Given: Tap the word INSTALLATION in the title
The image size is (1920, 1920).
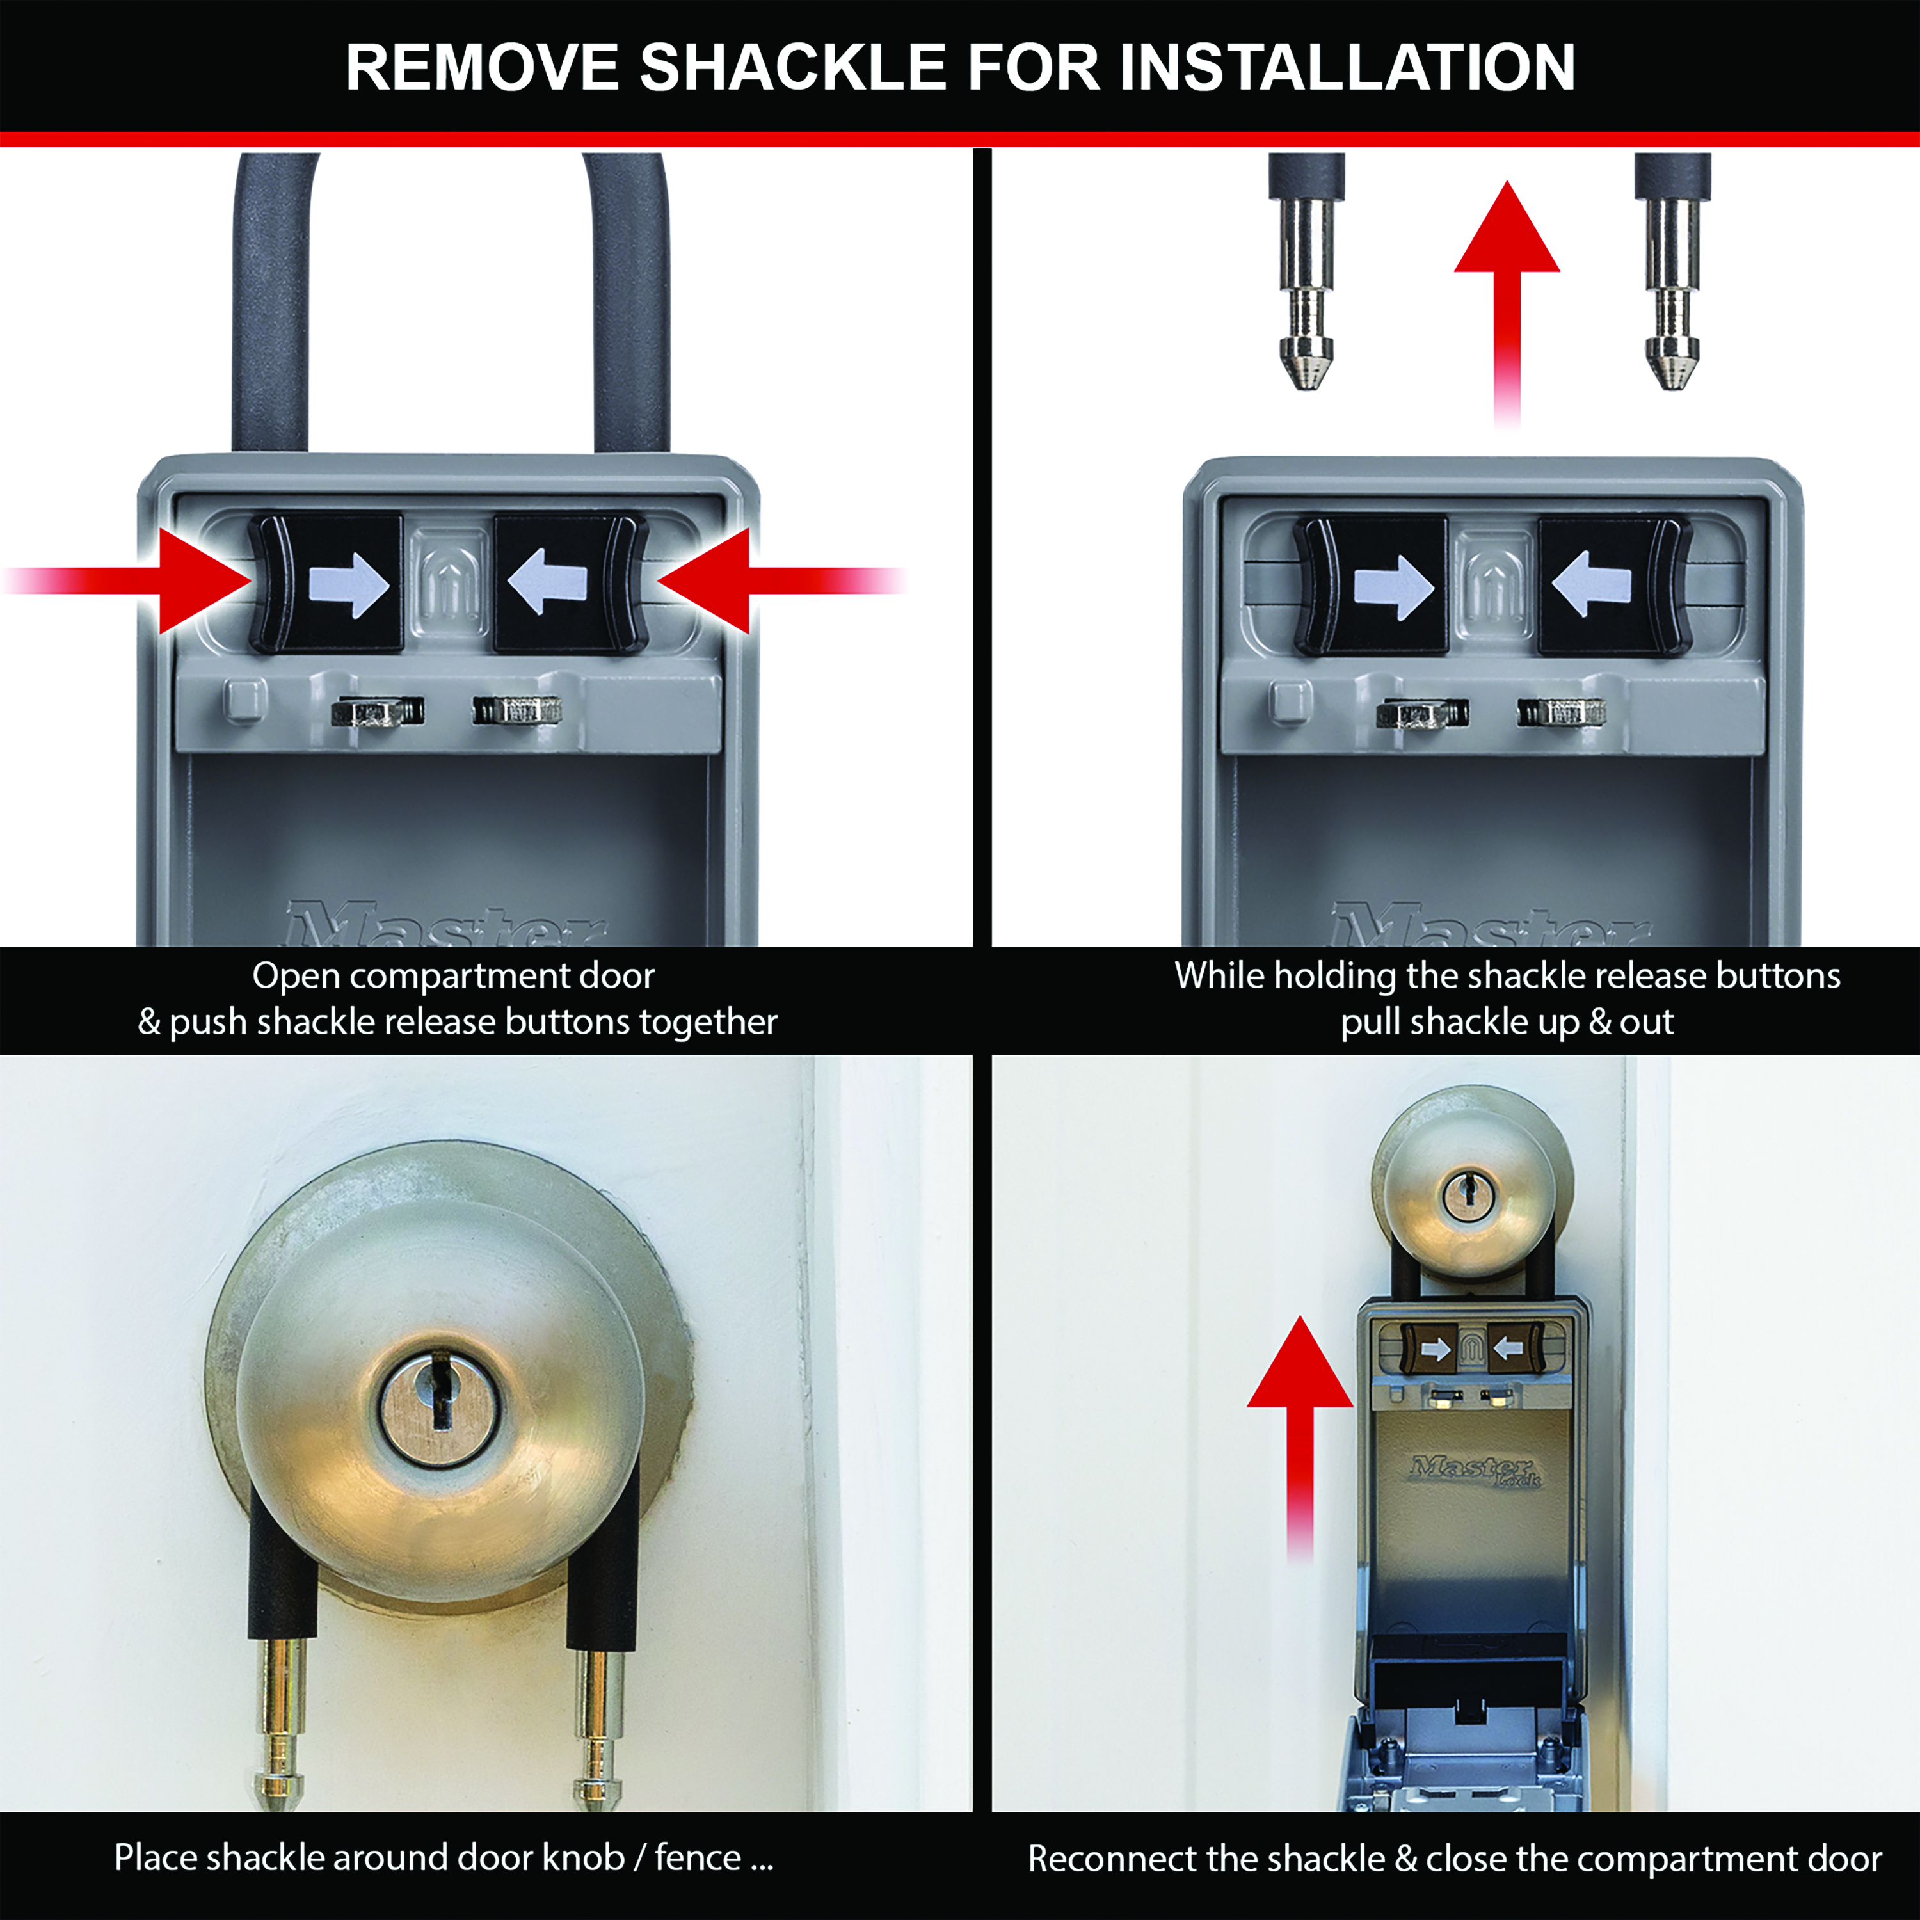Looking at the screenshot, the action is coord(1348,68).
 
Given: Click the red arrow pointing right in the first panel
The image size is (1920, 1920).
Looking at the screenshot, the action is coord(129,580).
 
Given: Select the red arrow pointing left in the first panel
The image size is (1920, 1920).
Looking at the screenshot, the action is coord(781,580).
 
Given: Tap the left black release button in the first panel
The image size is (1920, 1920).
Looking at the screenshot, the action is coord(325,582).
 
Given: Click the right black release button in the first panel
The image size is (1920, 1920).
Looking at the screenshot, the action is coord(570,582).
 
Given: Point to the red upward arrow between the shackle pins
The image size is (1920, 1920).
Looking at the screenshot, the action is coord(1507,303).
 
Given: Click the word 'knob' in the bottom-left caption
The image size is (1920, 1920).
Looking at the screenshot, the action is coord(583,1857).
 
